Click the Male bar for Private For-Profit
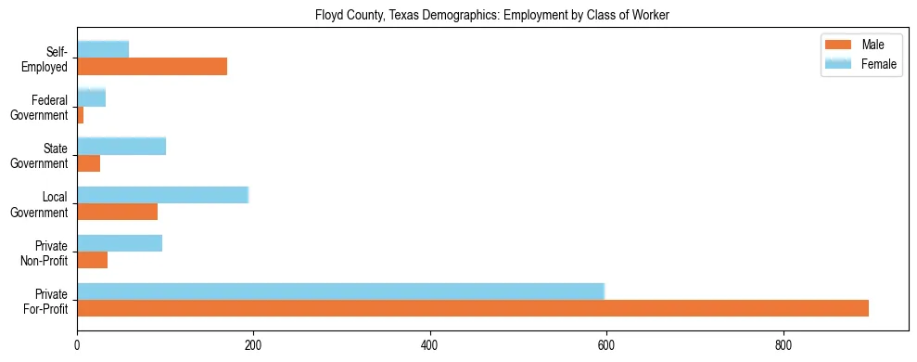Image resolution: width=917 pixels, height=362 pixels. (473, 308)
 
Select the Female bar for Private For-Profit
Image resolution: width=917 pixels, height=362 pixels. (340, 291)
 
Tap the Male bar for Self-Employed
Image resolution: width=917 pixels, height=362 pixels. (152, 67)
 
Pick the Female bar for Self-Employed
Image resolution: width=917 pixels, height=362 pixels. (103, 49)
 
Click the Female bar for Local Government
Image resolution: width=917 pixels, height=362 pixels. (162, 195)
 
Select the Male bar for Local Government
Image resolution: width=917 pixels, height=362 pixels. (117, 212)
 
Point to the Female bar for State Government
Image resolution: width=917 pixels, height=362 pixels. (121, 146)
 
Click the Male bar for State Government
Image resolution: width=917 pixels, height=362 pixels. (88, 163)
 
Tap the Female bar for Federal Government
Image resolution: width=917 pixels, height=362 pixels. (91, 97)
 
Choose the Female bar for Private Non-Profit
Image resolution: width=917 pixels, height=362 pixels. (120, 243)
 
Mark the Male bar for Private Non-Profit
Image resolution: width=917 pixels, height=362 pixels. (92, 260)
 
